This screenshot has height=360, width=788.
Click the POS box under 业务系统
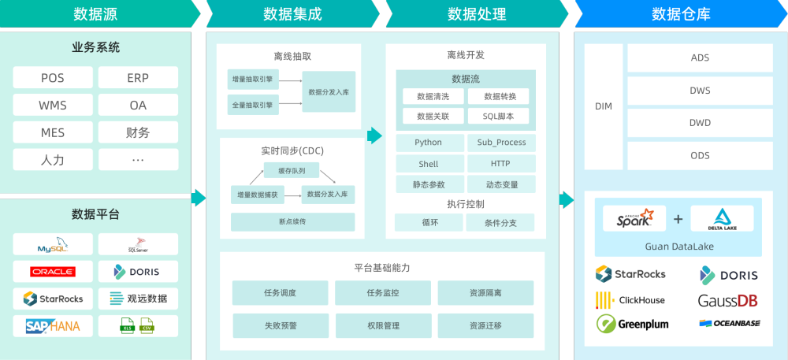(53, 78)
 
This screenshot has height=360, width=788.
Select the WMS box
(53, 106)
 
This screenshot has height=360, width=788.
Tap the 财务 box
(138, 132)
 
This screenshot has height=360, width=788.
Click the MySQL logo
(53, 246)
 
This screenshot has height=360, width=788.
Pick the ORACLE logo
(53, 272)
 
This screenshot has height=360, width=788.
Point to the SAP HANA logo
(53, 325)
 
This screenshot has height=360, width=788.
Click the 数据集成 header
(292, 14)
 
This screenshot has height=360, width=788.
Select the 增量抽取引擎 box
(252, 80)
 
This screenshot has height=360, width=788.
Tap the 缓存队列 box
(292, 170)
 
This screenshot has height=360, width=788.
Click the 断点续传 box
(292, 221)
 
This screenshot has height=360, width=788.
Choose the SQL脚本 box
(499, 116)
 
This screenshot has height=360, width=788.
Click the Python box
(429, 143)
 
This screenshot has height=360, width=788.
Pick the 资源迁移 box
(485, 325)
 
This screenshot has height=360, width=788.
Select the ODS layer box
(700, 156)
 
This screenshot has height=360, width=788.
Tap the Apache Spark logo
(634, 218)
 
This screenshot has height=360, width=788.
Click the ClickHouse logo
(630, 300)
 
